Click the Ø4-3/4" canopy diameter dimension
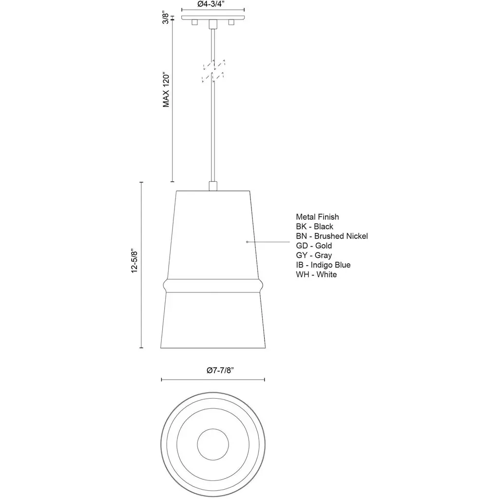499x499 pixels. (213, 4)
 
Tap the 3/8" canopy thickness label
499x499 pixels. (166, 18)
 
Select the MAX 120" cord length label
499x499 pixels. (166, 91)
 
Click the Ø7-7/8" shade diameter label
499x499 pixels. (220, 370)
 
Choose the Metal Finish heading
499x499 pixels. (317, 217)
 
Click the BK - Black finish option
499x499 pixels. (314, 227)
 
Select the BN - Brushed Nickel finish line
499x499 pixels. (332, 236)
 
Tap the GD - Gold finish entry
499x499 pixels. (314, 246)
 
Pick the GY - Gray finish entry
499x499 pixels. (314, 255)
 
